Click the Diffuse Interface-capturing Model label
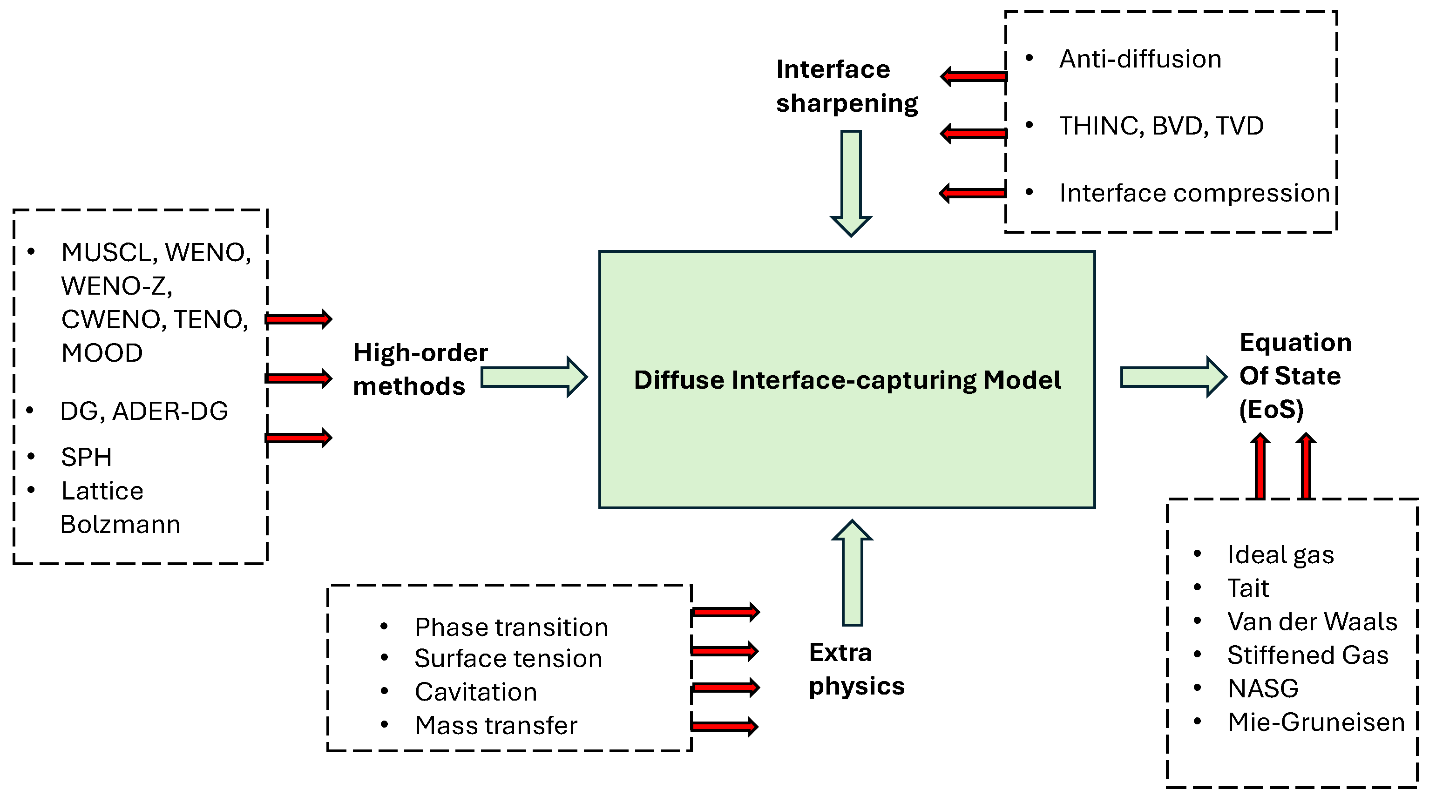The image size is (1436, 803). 847,380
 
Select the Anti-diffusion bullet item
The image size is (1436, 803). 1139,59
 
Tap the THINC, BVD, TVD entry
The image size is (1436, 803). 1161,126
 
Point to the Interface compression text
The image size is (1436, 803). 1194,193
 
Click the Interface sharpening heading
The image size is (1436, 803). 846,87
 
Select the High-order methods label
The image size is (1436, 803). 419,370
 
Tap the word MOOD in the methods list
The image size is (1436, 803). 102,353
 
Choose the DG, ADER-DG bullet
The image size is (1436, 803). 144,411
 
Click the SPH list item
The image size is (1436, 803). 87,458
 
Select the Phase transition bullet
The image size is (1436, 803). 511,628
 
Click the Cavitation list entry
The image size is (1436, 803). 475,692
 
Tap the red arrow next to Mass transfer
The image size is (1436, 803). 724,726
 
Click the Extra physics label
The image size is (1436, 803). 856,669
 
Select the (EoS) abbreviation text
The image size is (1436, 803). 1271,410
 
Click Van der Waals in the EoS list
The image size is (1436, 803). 1312,622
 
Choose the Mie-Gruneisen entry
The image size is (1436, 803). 1315,722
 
